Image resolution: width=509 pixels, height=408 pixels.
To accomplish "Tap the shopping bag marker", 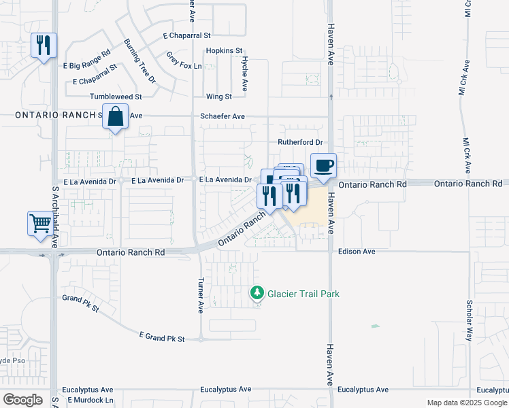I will (116, 116).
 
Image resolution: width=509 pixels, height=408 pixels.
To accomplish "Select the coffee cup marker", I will (323, 165).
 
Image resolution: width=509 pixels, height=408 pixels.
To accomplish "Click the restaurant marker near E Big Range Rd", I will (44, 46).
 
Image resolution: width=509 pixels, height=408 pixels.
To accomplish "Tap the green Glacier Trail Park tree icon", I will (257, 293).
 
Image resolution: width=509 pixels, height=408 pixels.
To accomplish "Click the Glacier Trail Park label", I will (303, 294).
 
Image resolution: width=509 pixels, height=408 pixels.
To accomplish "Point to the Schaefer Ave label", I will (223, 116).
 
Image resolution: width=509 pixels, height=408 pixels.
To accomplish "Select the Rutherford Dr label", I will (299, 142).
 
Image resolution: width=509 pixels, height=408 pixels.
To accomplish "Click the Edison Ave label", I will (357, 252).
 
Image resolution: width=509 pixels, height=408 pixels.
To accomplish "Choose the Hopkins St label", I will (224, 51).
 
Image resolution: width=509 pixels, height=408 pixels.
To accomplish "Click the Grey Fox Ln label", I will (184, 66).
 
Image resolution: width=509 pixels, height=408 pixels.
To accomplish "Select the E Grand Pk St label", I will (162, 337).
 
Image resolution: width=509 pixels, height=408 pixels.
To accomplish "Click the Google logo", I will (22, 400).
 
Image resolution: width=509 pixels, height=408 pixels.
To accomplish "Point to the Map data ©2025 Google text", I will (466, 403).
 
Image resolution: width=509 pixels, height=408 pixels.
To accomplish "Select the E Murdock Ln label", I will (90, 400).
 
